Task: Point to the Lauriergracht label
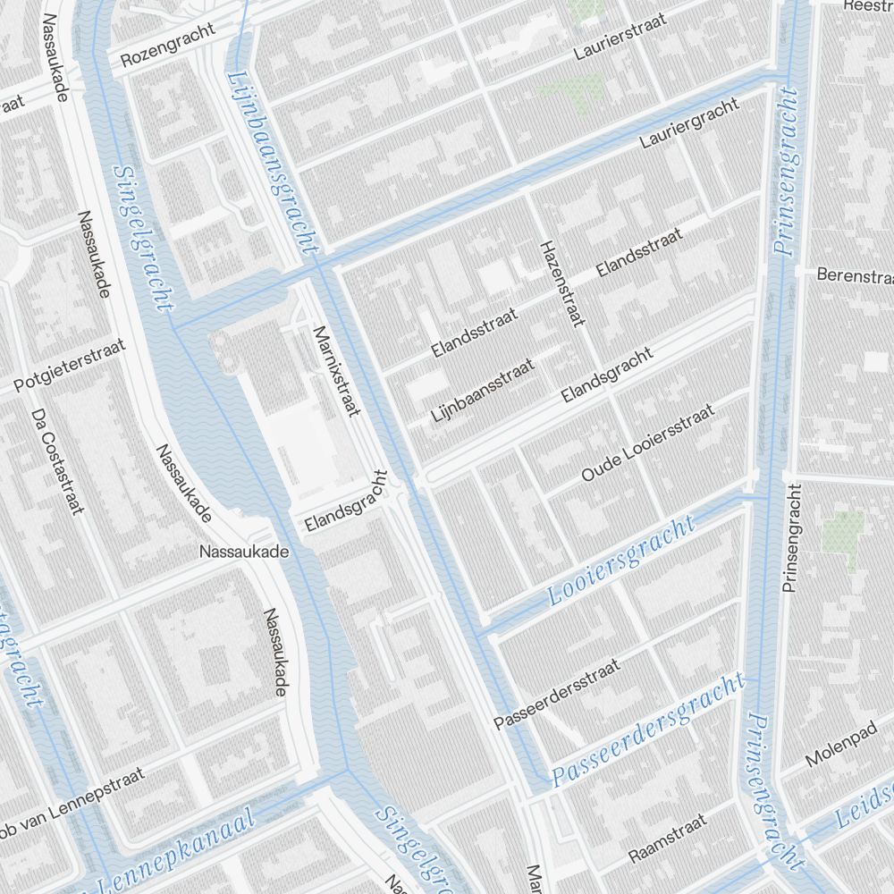pyautogui.click(x=689, y=123)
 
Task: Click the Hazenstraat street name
pyautogui.click(x=561, y=282)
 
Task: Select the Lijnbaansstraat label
pyautogui.click(x=483, y=391)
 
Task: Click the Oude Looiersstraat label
pyautogui.click(x=647, y=443)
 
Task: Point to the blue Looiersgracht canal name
pyautogui.click(x=622, y=561)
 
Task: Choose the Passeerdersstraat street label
pyautogui.click(x=556, y=694)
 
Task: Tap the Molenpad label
pyautogui.click(x=837, y=748)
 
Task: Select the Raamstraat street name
pyautogui.click(x=667, y=838)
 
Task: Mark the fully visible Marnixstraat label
pyautogui.click(x=335, y=371)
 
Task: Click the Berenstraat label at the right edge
pyautogui.click(x=854, y=276)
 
